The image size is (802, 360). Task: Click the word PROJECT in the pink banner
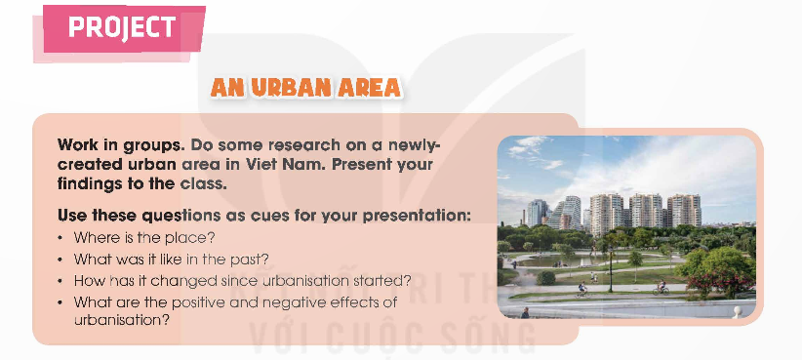coord(122,27)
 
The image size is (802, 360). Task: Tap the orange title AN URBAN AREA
coord(305,88)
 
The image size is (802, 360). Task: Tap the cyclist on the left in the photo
coord(582,288)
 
